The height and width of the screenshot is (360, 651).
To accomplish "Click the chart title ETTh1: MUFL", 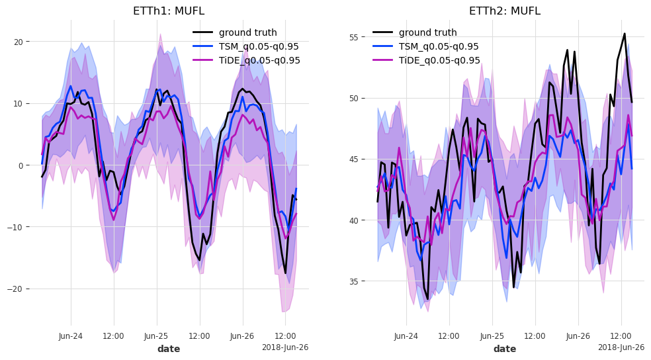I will point(169,11).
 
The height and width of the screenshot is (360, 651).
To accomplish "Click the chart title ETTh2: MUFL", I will point(505,11).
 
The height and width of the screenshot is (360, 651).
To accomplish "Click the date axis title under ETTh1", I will point(169,349).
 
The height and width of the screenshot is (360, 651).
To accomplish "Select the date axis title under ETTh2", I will point(505,349).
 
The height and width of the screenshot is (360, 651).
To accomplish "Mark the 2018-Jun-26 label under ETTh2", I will point(621,347).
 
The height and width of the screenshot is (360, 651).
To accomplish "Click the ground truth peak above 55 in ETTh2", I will point(624,34).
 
